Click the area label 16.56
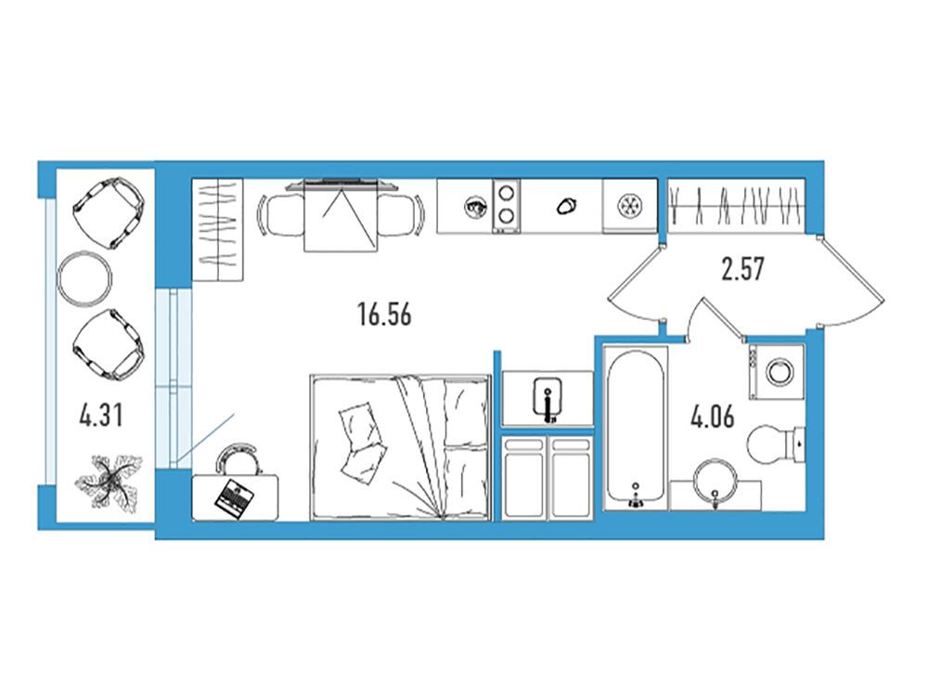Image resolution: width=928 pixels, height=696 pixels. tap(384, 314)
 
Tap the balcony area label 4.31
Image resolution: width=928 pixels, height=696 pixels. tap(101, 415)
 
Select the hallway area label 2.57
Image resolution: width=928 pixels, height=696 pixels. tap(742, 269)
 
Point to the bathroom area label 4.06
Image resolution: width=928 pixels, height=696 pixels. tap(712, 416)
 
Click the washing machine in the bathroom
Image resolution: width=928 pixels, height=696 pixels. tap(777, 372)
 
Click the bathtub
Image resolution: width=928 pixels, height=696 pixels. tap(635, 427)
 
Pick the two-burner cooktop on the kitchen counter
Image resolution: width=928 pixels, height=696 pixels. tap(507, 205)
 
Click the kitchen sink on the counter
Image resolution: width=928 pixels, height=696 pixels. tap(629, 205)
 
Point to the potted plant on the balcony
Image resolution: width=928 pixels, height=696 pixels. tap(110, 480)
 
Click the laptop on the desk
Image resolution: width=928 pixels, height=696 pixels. tap(234, 499)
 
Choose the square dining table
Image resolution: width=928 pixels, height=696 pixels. tap(341, 216)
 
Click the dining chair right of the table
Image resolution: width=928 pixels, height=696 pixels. tap(400, 215)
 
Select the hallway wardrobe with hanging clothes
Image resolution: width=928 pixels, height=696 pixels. tap(736, 205)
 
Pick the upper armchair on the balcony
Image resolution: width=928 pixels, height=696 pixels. tap(109, 213)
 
